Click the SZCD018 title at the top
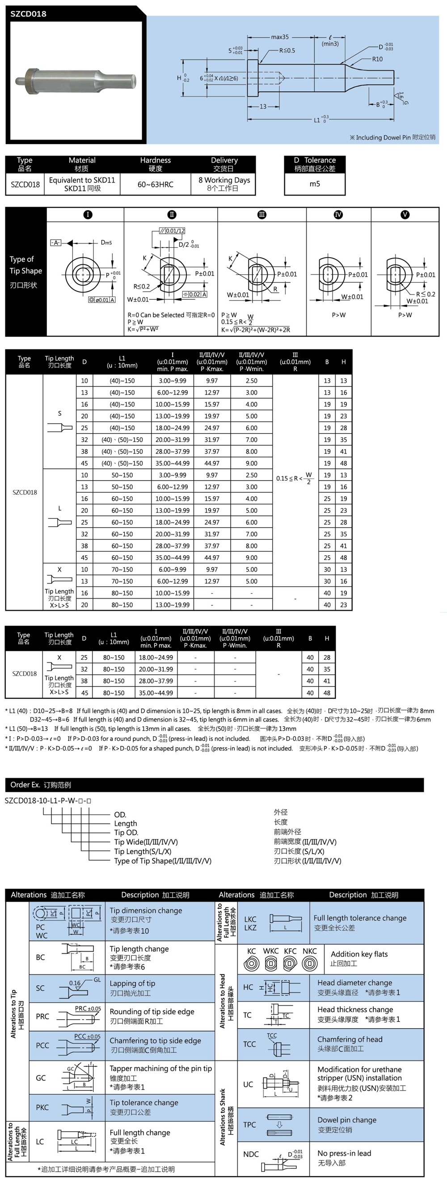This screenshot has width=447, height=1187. [29, 14]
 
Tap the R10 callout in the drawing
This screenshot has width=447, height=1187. [377, 59]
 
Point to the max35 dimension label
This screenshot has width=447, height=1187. [279, 37]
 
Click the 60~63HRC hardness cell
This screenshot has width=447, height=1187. [155, 184]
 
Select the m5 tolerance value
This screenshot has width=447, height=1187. [314, 184]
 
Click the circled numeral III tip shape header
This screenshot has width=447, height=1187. [261, 215]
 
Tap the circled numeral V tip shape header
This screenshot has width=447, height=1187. [405, 215]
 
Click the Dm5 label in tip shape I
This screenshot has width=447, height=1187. [106, 243]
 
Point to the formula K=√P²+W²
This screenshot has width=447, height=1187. [143, 329]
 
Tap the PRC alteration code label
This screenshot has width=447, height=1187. [42, 1016]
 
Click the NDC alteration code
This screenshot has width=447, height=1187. [251, 1154]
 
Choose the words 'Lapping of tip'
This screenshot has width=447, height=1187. [132, 983]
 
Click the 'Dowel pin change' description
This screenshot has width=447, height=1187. [346, 1120]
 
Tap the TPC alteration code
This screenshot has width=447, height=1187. [249, 1124]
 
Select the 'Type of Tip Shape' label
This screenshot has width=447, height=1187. [26, 265]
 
